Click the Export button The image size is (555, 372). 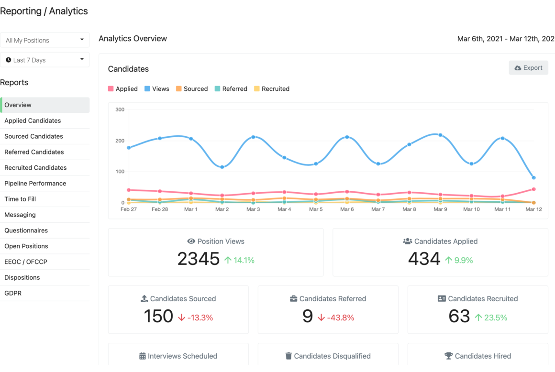coord(529,67)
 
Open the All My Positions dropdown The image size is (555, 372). coord(44,40)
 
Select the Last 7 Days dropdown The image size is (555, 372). coord(44,60)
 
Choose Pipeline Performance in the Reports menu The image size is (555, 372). coord(35,183)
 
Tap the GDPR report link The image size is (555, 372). coord(13,293)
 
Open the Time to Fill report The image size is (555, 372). coord(20,199)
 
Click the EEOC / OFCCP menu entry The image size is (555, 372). coord(26,262)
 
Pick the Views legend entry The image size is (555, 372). coord(157,89)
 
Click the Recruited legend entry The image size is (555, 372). coord(272,89)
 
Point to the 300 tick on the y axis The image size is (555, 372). coord(120,109)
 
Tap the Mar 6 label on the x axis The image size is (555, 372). coord(347,209)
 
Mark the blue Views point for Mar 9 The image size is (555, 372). coord(440,135)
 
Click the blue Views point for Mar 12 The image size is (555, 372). coord(534,177)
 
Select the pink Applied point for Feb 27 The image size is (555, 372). coord(129,190)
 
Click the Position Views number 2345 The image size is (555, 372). coord(199,259)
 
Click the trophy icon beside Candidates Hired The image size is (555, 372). coord(448,356)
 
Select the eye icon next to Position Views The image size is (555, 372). coord(191,241)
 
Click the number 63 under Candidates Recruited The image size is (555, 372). coord(459,316)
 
